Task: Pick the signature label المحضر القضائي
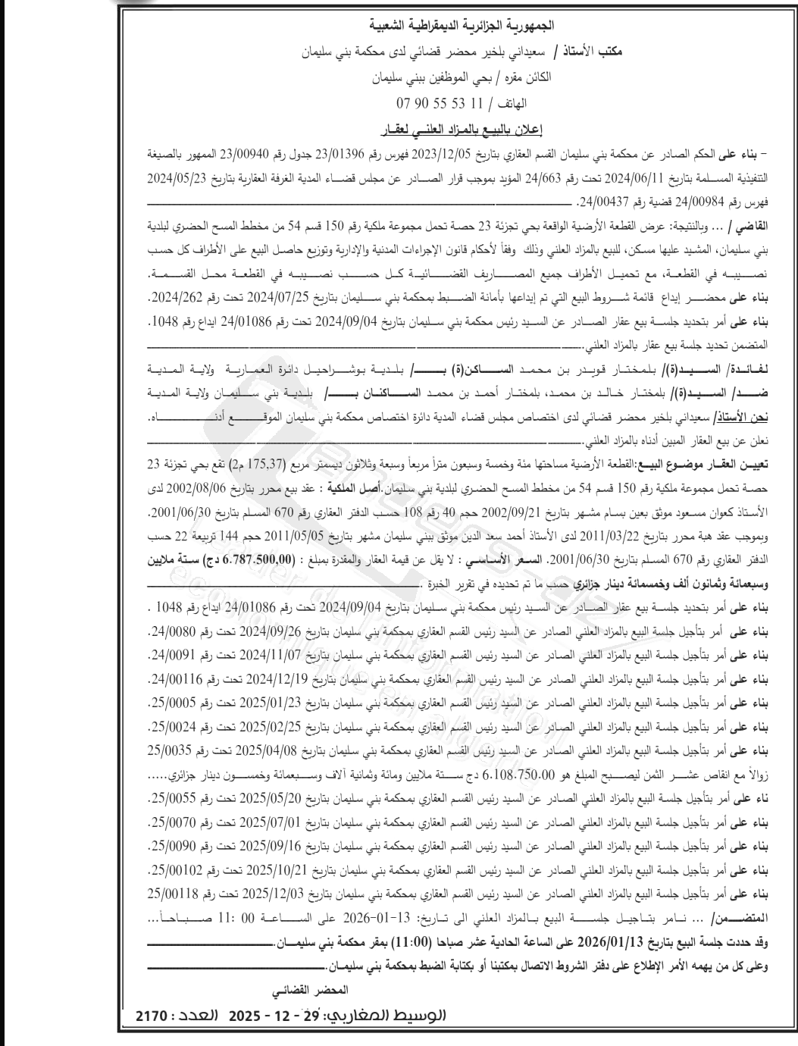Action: pyautogui.click(x=312, y=990)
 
